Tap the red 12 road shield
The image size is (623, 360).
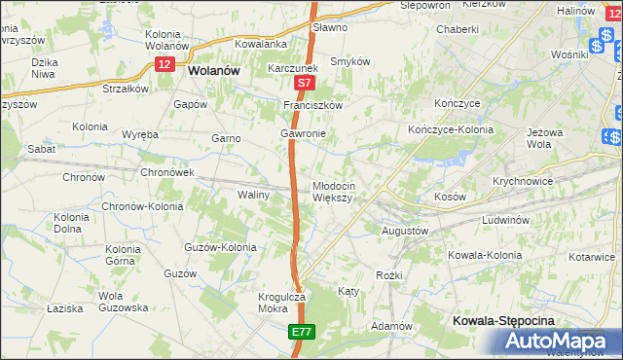coord(165,61)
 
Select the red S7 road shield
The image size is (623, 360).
coord(304,86)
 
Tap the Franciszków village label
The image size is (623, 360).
coord(313,105)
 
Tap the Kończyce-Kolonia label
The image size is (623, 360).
coord(451,129)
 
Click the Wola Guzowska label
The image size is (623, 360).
coord(123,302)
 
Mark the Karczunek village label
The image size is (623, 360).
coord(294,69)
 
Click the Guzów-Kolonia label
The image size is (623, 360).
coord(220,247)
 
